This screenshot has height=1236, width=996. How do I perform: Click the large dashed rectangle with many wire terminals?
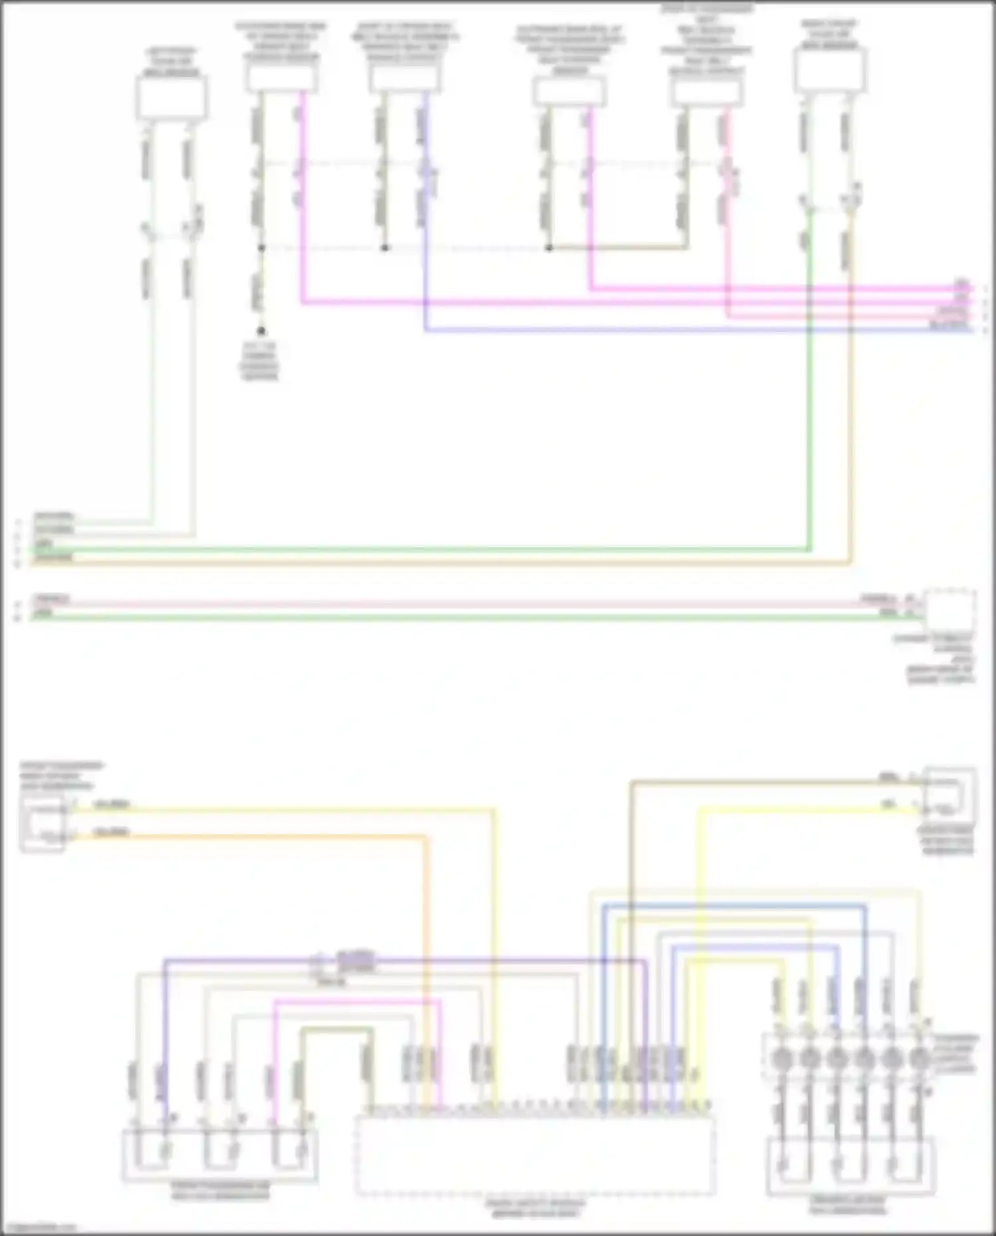[535, 1156]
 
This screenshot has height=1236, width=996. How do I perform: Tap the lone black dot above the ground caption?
[261, 331]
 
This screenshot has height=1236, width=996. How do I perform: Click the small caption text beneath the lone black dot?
[260, 361]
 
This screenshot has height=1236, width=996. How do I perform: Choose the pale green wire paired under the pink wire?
[465, 618]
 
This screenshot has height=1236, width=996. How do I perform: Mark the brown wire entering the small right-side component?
[764, 782]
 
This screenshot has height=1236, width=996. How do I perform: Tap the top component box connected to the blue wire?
[404, 79]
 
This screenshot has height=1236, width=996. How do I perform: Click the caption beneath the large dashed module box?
[535, 1208]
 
